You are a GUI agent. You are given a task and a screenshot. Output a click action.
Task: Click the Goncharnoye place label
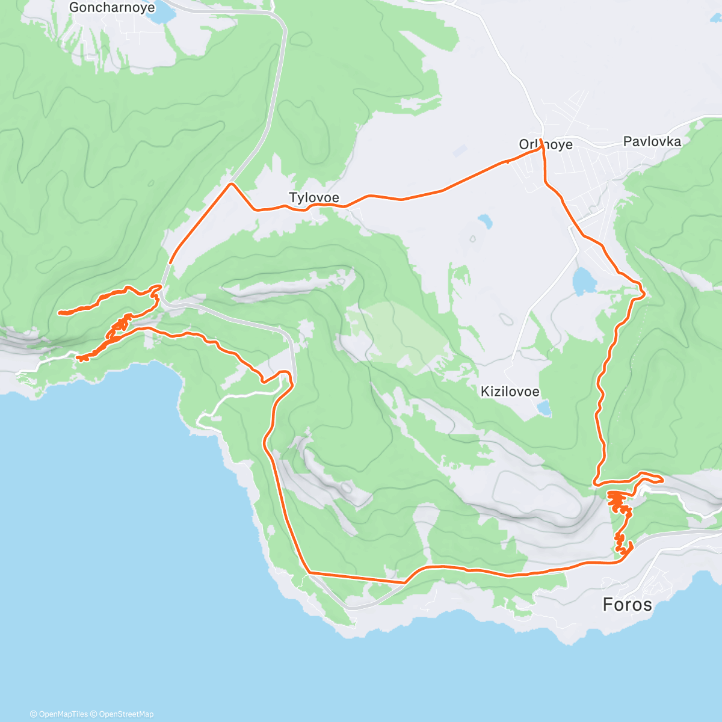(x=112, y=8)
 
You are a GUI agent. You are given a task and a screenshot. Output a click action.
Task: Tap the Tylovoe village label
(x=314, y=197)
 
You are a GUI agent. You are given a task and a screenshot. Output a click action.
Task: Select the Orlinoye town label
(x=546, y=145)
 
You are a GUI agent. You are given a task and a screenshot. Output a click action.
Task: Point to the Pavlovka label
(x=652, y=141)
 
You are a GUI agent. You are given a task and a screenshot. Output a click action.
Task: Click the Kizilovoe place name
(x=510, y=392)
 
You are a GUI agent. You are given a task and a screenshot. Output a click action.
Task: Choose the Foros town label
(x=627, y=604)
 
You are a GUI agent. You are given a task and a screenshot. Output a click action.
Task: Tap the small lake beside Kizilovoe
(x=544, y=409)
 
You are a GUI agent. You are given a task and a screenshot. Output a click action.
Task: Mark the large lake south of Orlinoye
(x=583, y=281)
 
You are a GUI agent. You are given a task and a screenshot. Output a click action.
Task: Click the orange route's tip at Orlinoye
(x=541, y=140)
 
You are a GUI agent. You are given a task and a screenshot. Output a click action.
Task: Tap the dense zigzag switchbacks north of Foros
(x=617, y=499)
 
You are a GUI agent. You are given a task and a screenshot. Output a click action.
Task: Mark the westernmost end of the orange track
(x=59, y=313)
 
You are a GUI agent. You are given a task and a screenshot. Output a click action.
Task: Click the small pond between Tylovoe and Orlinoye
(x=484, y=222)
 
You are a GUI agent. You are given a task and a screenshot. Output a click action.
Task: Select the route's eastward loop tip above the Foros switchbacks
(x=661, y=479)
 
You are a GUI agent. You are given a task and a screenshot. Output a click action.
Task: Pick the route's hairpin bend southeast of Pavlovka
(x=643, y=293)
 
